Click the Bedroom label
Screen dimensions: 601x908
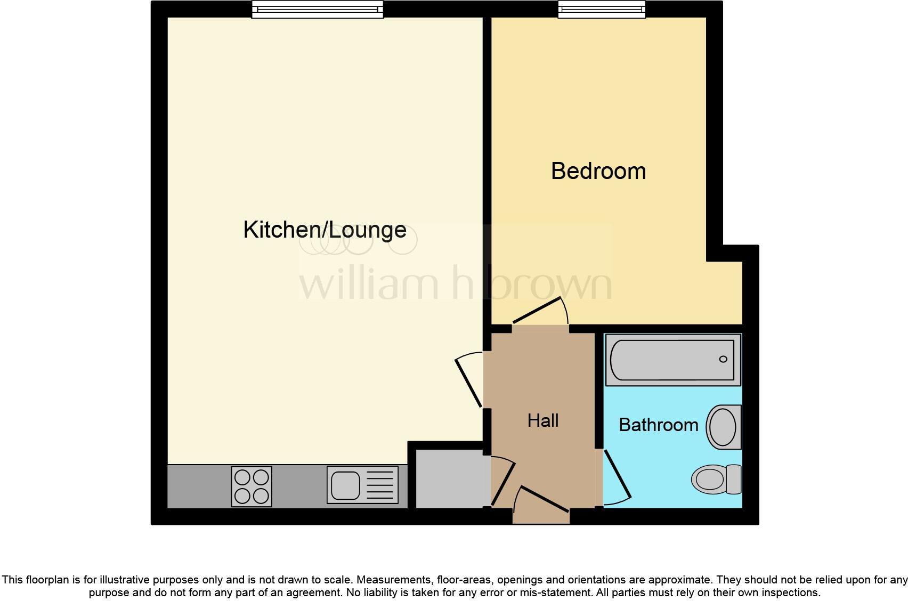tap(598, 171)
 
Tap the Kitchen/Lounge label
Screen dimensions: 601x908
tap(325, 230)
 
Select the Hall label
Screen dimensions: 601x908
tap(543, 420)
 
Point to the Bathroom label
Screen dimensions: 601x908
tap(658, 425)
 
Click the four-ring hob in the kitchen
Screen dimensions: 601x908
tap(252, 486)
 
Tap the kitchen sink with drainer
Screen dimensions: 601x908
tap(362, 485)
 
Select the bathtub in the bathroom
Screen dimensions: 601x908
tap(673, 360)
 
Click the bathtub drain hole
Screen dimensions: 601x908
tap(723, 359)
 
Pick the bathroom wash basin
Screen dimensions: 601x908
tap(724, 427)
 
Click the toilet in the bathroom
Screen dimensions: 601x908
tap(716, 478)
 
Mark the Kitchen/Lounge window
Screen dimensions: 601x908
tap(318, 10)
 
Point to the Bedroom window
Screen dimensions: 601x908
tap(602, 10)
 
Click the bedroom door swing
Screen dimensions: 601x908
tap(541, 312)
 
